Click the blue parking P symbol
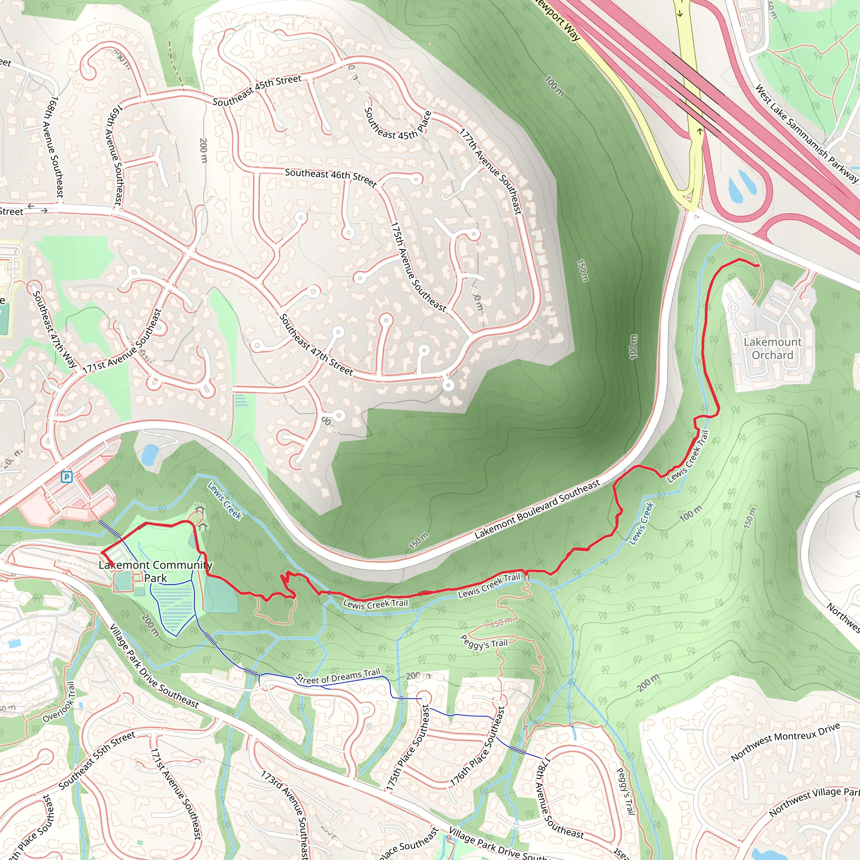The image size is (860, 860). coord(66,477)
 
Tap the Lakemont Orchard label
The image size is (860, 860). coord(772,349)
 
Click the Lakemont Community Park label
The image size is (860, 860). coord(155,571)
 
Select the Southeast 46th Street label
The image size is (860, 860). coord(331,176)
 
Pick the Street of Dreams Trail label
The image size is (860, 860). coord(338,676)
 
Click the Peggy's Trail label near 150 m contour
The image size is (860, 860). coord(483,642)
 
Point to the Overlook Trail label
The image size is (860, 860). coord(60,702)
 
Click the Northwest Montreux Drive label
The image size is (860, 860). coord(785,741)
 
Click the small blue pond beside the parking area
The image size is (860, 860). coord(149,454)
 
